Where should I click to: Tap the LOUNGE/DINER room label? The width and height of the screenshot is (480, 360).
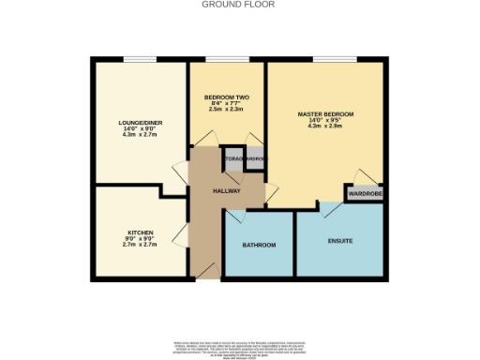(138, 123)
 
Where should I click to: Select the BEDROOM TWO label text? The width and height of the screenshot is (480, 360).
(227, 97)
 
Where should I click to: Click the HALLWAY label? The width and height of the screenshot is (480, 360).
(227, 190)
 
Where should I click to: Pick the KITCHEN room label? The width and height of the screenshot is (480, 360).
(141, 232)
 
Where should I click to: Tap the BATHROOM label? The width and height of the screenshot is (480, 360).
(260, 245)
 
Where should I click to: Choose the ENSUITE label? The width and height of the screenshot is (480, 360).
(340, 242)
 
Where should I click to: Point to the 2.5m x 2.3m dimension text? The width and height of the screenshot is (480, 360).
(227, 110)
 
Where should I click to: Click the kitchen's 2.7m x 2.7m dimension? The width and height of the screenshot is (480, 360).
(141, 245)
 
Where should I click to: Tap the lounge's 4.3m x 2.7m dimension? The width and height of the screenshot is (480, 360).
(138, 136)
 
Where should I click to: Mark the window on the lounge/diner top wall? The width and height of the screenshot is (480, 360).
(138, 60)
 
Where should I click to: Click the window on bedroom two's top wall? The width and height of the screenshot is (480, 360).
(227, 60)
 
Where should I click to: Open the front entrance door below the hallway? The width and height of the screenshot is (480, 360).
(205, 271)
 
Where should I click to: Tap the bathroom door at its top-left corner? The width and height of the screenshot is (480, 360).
(233, 216)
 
